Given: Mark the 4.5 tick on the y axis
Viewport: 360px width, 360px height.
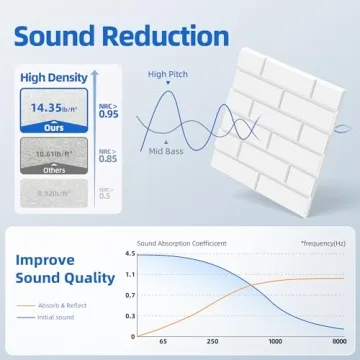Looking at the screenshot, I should coord(129,255).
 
